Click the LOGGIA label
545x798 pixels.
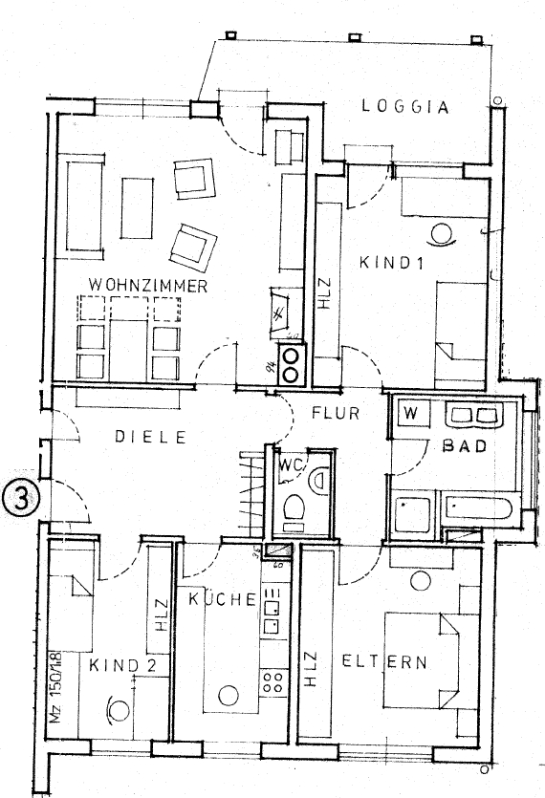click(405, 107)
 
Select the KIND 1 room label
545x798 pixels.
click(391, 261)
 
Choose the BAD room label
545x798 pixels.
click(464, 445)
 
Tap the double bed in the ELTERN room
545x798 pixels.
click(420, 660)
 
